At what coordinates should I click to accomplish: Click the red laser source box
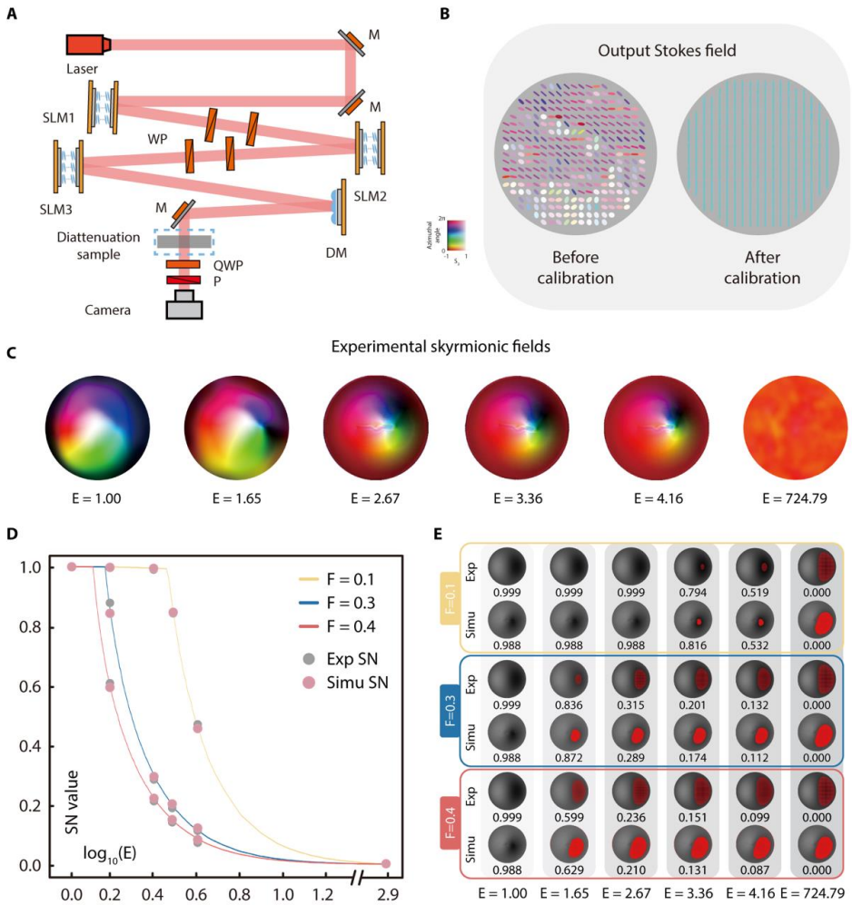point(87,44)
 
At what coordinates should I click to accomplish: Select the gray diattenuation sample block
point(184,242)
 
